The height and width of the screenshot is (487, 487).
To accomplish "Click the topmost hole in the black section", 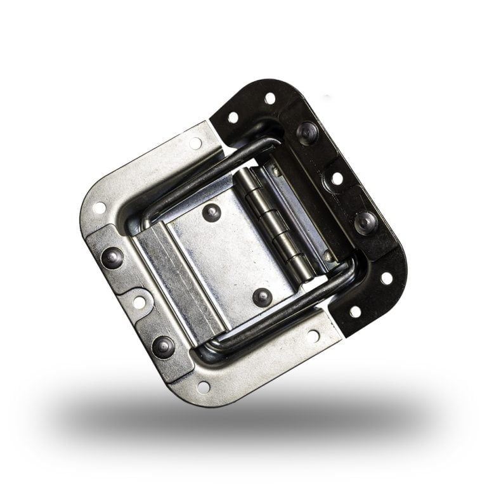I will tap(269, 98).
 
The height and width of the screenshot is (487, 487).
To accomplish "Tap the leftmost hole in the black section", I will tap(233, 117).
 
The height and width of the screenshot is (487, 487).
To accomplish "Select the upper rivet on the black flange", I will tap(307, 133).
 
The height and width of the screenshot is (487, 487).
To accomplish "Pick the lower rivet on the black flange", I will tap(365, 222).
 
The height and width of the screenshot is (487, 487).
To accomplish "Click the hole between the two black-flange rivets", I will tap(337, 178).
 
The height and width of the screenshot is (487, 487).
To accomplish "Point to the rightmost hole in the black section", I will tap(386, 278).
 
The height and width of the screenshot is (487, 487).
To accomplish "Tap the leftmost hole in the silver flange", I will tap(100, 208).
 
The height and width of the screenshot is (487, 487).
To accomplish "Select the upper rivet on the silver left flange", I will tap(113, 257).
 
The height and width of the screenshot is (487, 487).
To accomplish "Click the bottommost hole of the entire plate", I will tap(203, 386).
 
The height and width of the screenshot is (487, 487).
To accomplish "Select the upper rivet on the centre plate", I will tap(211, 212).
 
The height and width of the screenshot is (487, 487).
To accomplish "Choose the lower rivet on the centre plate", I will tap(263, 297).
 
